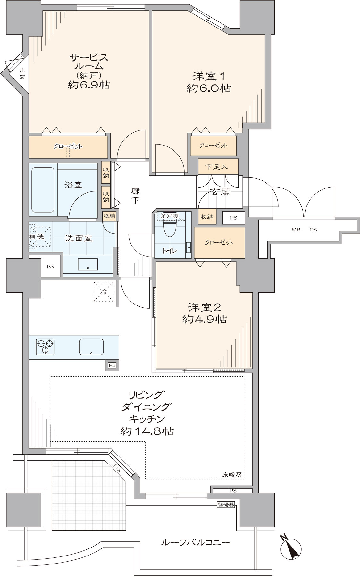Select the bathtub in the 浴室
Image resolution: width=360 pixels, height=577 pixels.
click(43, 190)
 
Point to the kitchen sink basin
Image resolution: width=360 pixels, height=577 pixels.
click(91, 347)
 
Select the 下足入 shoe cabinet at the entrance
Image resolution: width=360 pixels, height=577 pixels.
click(218, 167)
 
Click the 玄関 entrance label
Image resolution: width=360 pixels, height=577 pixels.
click(220, 191)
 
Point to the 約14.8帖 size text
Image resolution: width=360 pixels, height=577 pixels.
click(147, 431)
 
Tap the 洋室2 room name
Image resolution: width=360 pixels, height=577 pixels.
click(204, 307)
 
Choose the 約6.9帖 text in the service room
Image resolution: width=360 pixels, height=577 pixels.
click(89, 85)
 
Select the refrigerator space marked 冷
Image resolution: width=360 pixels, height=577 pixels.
click(104, 292)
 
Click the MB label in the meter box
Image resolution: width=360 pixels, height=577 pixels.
click(296, 230)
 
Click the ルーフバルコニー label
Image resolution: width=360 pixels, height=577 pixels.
click(195, 543)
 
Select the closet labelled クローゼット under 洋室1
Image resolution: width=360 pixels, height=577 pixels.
click(213, 146)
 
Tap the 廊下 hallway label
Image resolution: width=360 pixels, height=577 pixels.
click(135, 196)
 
